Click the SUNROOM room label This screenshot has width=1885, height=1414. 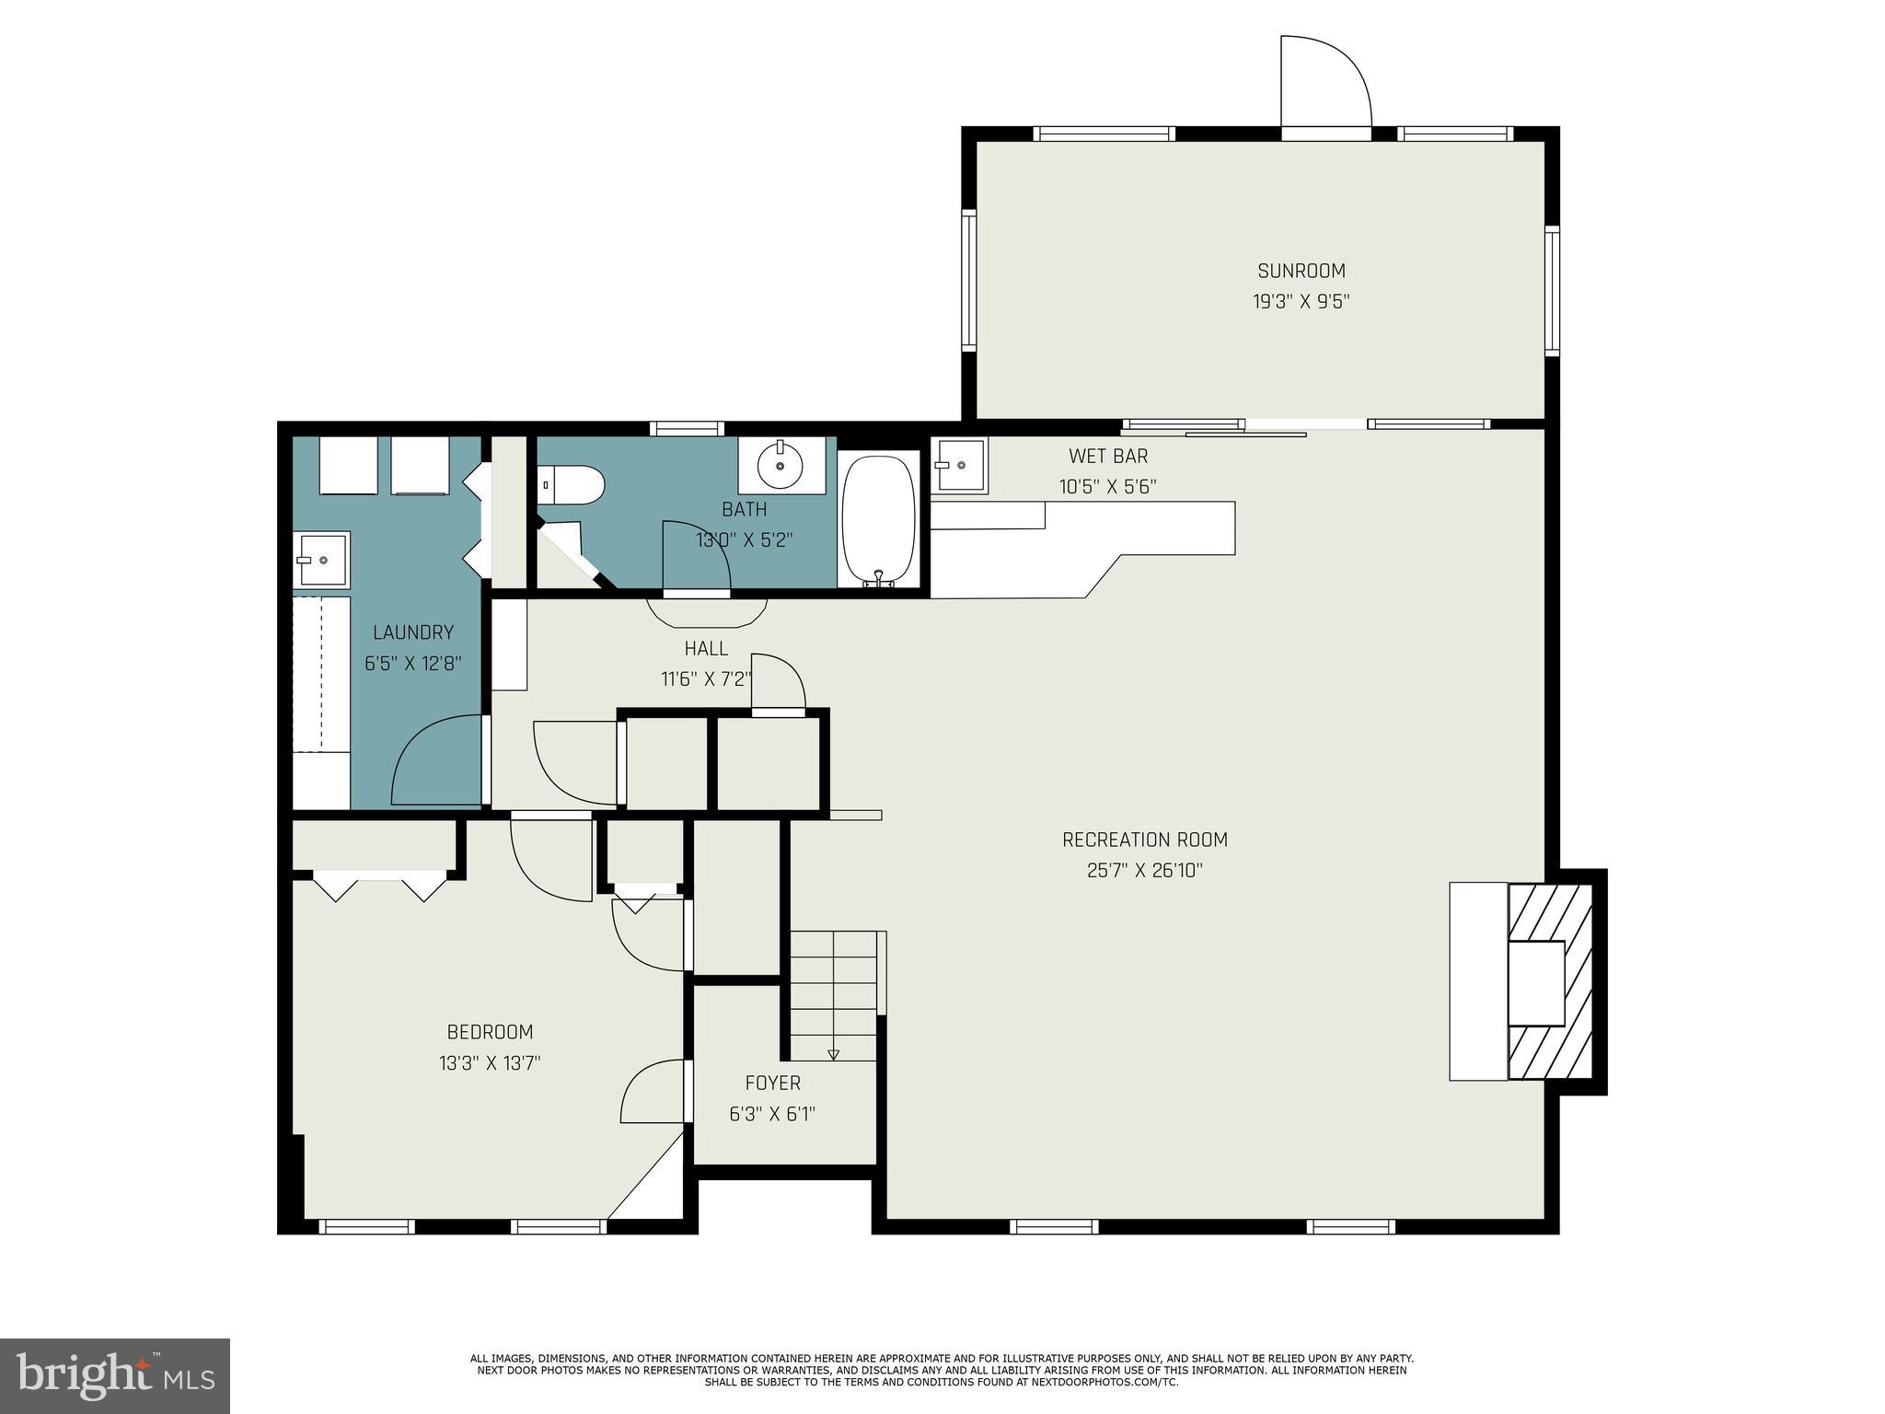(x=1301, y=271)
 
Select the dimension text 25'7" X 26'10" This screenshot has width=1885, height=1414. (x=1144, y=870)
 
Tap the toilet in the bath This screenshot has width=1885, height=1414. (x=572, y=484)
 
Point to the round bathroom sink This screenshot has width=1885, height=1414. (x=781, y=465)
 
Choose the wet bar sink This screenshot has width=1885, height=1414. (x=958, y=466)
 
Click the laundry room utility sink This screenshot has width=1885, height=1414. (x=320, y=559)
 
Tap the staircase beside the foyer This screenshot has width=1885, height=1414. (x=834, y=994)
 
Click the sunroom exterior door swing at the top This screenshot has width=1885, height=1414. (x=1325, y=83)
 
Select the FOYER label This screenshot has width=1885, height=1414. (x=772, y=1084)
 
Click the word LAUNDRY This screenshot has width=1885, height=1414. (x=412, y=632)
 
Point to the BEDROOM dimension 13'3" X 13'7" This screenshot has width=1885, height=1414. (x=489, y=1063)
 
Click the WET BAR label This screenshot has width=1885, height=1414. (x=1107, y=456)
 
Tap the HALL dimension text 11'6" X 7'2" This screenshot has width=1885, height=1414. (x=706, y=679)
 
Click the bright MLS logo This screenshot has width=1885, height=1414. (x=115, y=1375)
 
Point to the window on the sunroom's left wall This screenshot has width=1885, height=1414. (x=968, y=280)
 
